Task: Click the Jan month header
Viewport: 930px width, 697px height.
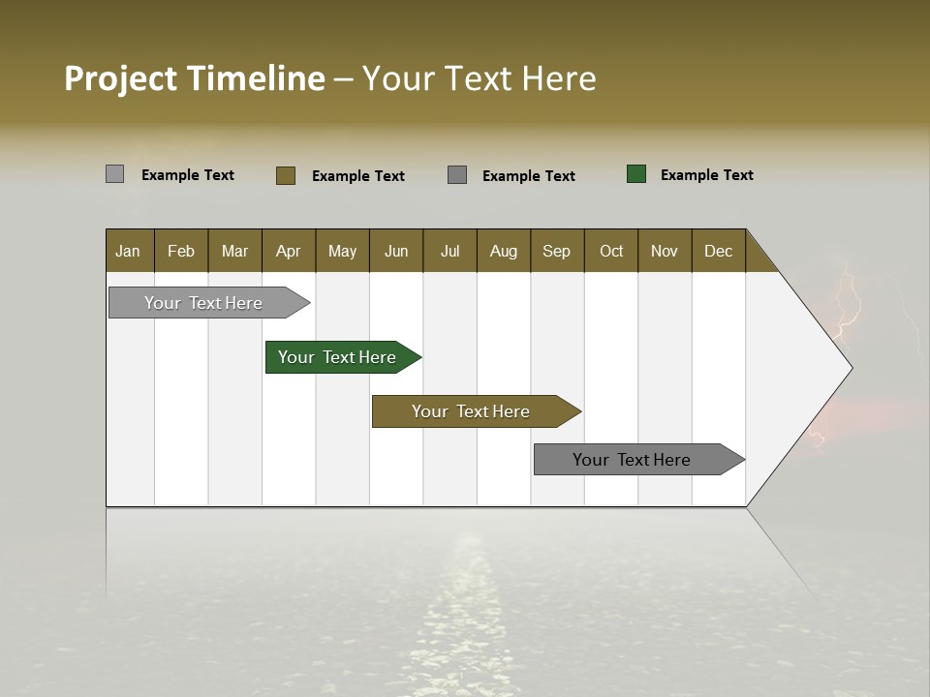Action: tap(128, 251)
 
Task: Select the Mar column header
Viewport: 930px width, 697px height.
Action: tap(234, 251)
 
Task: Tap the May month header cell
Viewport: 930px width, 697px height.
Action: tap(342, 251)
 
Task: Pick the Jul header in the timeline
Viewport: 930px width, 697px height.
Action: tap(449, 251)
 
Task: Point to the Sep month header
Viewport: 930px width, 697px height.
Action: tap(556, 251)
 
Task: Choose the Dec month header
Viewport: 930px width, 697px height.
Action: tap(718, 251)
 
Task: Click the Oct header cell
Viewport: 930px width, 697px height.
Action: tap(611, 251)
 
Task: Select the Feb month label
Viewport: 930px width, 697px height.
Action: tap(181, 251)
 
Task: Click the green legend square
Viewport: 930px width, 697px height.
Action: tap(636, 174)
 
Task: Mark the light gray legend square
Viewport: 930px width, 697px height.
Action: tap(115, 174)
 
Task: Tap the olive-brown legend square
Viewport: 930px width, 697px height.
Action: tap(286, 175)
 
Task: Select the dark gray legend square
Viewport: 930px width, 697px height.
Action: tap(457, 175)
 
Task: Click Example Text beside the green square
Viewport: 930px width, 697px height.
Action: tap(706, 175)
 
